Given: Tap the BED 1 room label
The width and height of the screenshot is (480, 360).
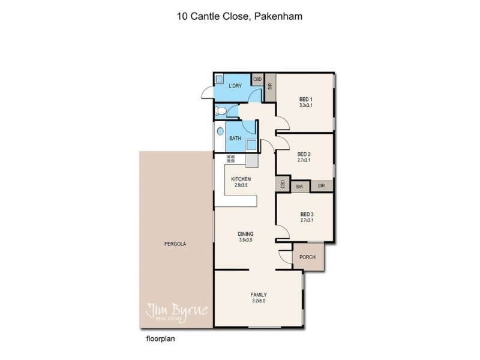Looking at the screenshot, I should (306, 100).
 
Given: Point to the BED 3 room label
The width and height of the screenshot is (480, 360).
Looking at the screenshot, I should (306, 214).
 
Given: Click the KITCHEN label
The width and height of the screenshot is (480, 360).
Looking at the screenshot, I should (240, 179).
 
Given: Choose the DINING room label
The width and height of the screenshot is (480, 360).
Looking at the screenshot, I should (245, 234).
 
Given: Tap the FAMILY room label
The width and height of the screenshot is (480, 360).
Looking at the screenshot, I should (258, 294).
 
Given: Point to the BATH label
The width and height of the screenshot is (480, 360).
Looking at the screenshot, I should (235, 138).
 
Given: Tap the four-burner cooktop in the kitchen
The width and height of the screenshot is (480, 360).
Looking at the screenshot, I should (230, 159).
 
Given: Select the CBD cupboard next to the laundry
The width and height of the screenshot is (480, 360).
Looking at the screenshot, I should (257, 79).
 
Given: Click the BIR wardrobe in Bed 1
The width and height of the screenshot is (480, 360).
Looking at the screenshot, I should (270, 87).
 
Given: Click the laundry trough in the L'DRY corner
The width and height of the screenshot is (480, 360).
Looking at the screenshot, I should (219, 79).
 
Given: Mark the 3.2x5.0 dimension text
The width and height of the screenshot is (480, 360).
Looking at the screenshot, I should (258, 301).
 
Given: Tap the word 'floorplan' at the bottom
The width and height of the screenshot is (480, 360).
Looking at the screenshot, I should (160, 338).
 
